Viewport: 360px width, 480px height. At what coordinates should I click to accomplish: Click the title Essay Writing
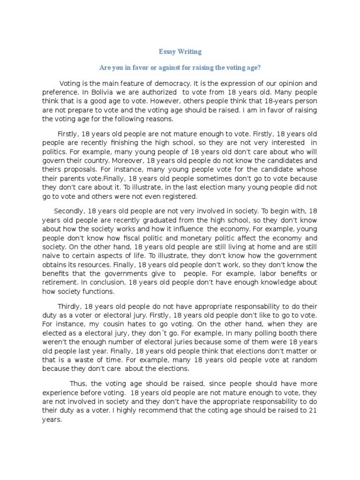point(180,52)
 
